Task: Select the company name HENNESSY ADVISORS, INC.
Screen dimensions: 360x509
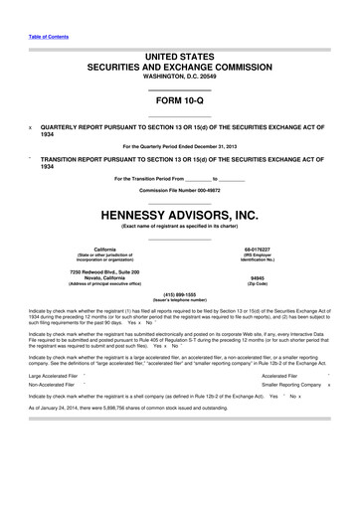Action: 180,213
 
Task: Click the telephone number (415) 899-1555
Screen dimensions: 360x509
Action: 179,294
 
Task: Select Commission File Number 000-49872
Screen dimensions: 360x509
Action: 179,190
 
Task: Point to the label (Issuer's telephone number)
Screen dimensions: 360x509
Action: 179,300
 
